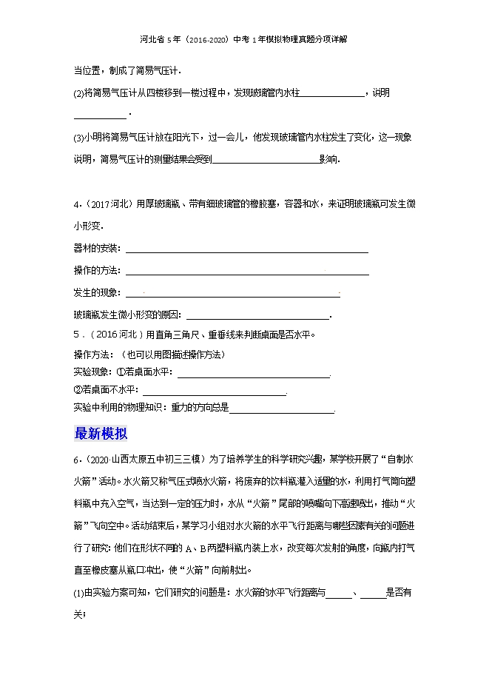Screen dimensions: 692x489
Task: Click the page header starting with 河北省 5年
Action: (x=243, y=40)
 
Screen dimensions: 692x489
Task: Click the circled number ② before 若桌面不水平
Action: (x=77, y=390)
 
